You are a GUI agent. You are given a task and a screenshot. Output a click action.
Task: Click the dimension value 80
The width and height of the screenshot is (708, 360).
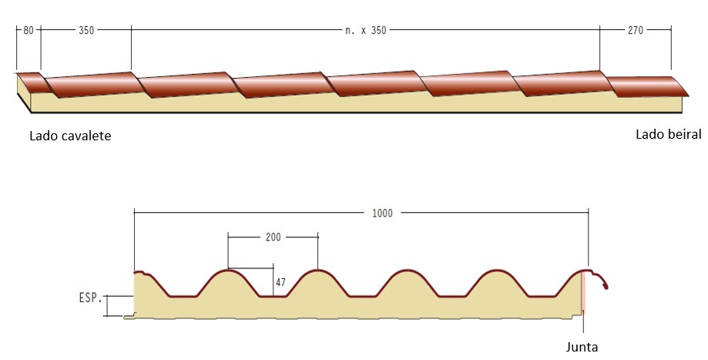tap(29, 30)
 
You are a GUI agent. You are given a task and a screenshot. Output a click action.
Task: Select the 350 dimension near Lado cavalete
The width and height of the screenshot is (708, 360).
tap(86, 30)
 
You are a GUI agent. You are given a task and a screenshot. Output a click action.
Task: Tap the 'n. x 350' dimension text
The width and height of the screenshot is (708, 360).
tap(365, 30)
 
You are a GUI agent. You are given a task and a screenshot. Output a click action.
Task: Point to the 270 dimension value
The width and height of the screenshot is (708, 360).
tap(636, 30)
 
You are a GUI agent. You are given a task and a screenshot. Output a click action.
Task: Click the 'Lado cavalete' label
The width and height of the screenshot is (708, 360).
tap(70, 136)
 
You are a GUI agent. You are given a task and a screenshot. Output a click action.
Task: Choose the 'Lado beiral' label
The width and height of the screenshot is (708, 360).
tap(668, 134)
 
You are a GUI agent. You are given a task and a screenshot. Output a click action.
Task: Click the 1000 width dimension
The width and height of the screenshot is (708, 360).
tap(382, 213)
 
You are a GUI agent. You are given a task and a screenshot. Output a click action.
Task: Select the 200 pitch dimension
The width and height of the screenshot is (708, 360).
tap(273, 237)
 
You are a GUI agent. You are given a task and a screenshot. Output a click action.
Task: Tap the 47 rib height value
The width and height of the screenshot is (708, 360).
tap(280, 282)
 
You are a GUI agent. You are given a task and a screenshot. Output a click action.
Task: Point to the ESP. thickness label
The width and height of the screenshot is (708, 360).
tap(90, 298)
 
